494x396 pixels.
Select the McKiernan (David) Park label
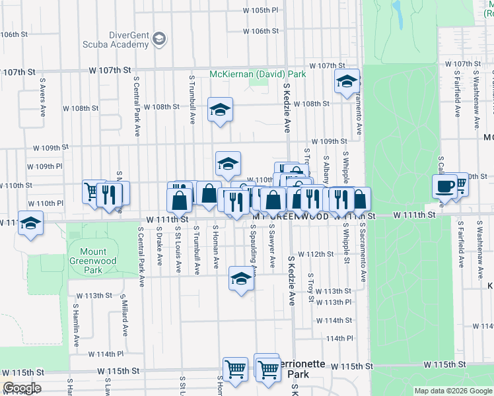[258, 75]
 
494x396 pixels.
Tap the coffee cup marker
[444, 185]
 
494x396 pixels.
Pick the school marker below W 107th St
[346, 82]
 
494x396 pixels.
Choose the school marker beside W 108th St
[220, 110]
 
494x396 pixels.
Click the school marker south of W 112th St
[242, 278]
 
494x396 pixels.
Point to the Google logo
[21, 388]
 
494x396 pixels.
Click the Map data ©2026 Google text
[452, 391]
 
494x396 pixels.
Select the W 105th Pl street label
[261, 11]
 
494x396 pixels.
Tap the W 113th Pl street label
[333, 302]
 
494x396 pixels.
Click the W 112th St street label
[316, 254]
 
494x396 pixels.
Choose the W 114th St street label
[334, 320]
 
